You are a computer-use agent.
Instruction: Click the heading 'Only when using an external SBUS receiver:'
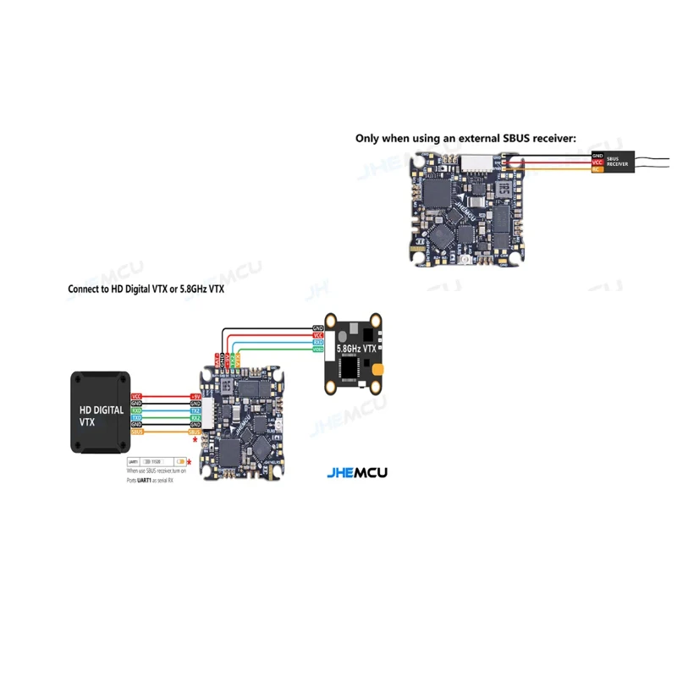click(465, 137)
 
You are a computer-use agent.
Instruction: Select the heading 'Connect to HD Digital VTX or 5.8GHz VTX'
click(146, 289)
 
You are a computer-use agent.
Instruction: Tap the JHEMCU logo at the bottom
click(356, 473)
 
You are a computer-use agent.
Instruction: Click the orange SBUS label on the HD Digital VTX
click(136, 431)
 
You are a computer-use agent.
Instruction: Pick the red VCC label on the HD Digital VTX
click(136, 395)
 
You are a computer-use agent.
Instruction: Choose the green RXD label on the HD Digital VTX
click(136, 410)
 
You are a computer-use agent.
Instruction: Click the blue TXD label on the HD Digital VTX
click(136, 418)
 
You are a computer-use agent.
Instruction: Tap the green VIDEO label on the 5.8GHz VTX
click(318, 350)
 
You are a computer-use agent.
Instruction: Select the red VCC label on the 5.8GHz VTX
click(318, 335)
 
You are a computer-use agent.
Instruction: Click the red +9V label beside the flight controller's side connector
click(195, 395)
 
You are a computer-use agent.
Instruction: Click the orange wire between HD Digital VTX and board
click(165, 432)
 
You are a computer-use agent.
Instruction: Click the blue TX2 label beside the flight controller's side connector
click(195, 410)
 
